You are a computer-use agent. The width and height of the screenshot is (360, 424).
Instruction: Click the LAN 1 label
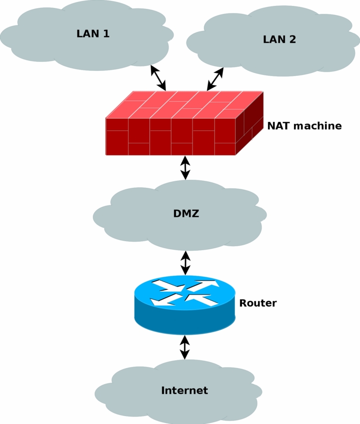click(93, 34)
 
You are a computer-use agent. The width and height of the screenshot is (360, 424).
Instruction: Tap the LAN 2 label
click(279, 39)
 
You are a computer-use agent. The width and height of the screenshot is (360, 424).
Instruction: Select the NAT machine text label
click(304, 126)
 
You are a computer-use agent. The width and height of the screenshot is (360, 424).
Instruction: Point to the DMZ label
click(186, 214)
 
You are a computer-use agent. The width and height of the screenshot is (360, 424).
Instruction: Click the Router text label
click(257, 303)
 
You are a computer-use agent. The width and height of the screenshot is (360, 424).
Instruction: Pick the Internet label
click(184, 391)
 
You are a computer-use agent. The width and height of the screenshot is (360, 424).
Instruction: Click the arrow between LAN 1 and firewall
click(158, 77)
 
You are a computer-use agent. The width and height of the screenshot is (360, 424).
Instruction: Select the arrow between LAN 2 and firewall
click(215, 79)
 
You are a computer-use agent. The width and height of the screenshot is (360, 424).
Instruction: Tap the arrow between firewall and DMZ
click(185, 168)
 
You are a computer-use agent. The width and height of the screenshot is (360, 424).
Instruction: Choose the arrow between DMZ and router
click(185, 263)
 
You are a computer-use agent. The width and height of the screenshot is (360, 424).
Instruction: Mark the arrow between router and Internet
click(185, 348)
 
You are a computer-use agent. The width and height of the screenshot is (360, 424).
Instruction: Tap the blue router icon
click(185, 315)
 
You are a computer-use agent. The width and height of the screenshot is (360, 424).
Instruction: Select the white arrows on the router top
click(185, 293)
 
